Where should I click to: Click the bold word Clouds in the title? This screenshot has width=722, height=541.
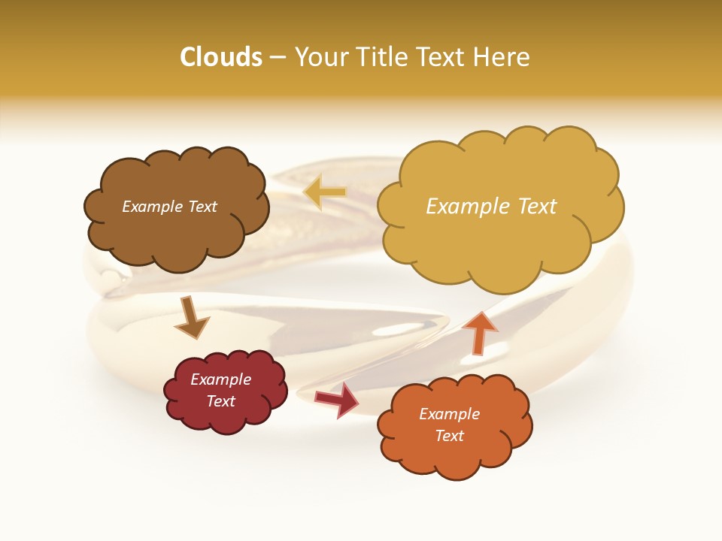click(x=221, y=57)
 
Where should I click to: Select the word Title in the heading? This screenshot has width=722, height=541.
click(x=378, y=57)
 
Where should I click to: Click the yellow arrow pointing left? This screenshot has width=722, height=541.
click(x=325, y=192)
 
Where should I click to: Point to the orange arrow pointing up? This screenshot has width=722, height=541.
click(x=479, y=331)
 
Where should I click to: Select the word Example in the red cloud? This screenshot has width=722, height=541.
click(x=220, y=379)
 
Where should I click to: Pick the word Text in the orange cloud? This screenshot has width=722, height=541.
click(x=449, y=436)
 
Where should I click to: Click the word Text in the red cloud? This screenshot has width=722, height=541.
click(x=220, y=401)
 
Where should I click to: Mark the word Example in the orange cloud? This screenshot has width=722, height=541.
click(x=449, y=414)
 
